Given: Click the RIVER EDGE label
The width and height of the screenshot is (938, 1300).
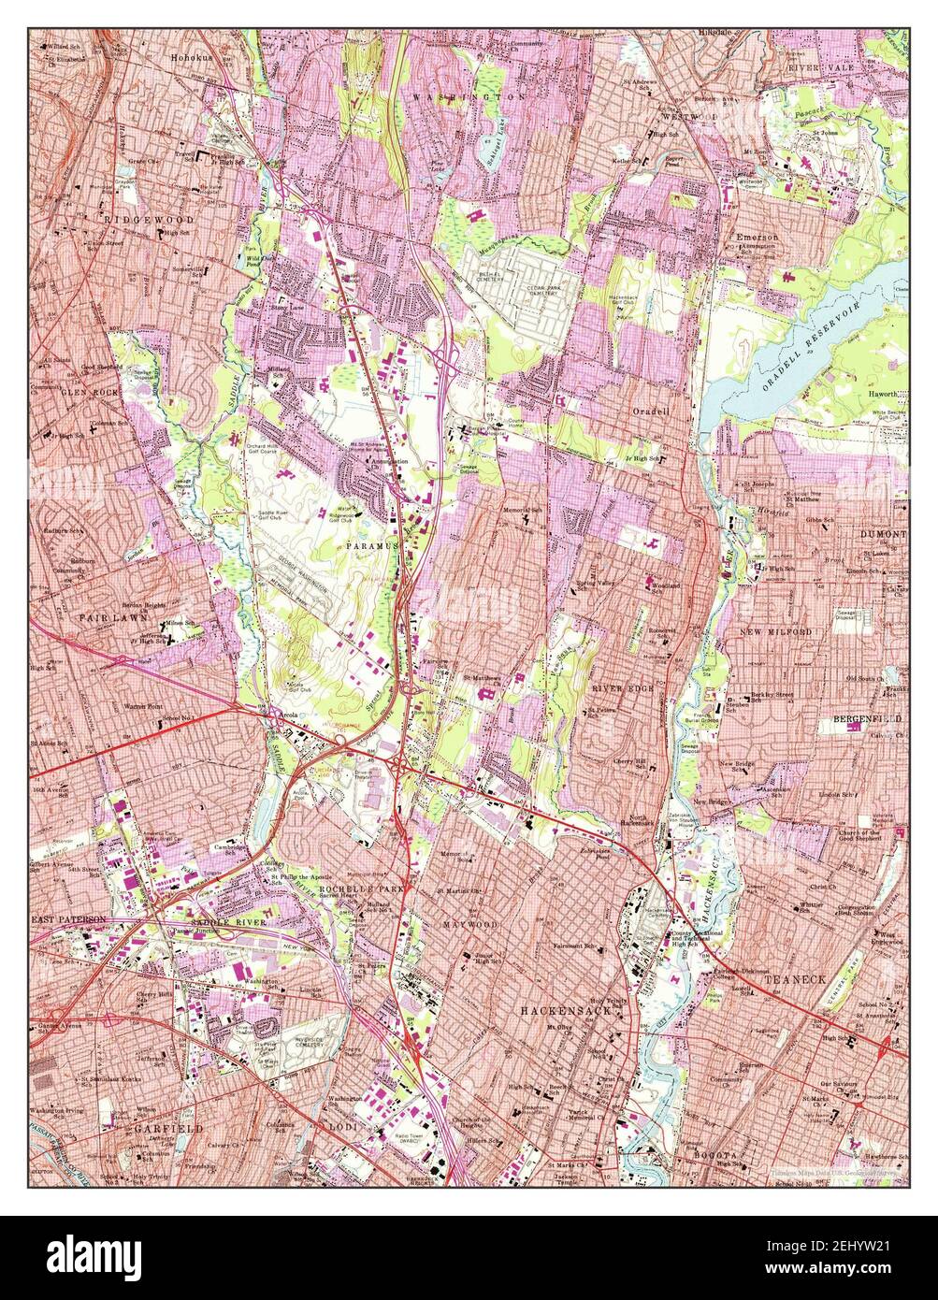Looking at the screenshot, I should (619, 687).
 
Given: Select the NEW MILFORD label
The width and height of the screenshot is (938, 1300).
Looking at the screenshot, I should (776, 632).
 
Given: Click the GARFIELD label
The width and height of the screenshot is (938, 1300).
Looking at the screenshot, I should (168, 1129).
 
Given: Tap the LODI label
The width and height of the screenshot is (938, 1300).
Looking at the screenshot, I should (342, 1129).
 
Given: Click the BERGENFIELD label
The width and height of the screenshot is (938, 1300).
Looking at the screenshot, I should (867, 719).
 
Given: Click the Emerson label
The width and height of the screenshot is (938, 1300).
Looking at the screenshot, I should (757, 238).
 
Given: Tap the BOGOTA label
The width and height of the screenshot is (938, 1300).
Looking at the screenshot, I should (715, 1156).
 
